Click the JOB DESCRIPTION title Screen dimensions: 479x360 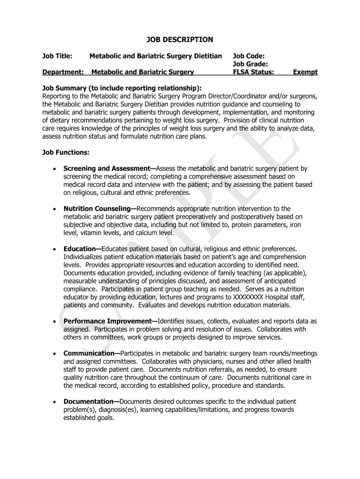point(180,40)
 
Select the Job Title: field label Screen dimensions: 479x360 point(57,56)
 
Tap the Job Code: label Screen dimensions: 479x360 point(249,56)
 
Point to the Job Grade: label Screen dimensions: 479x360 point(250,64)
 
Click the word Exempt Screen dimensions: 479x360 point(305,72)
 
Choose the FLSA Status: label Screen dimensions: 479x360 point(253,72)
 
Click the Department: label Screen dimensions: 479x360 point(63,72)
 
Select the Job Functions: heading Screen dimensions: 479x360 point(66,152)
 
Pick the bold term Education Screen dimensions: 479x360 point(81,249)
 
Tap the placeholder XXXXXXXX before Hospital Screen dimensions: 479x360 point(246,297)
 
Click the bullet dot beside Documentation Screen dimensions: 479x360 point(55,402)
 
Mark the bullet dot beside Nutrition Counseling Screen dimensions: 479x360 point(55,209)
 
